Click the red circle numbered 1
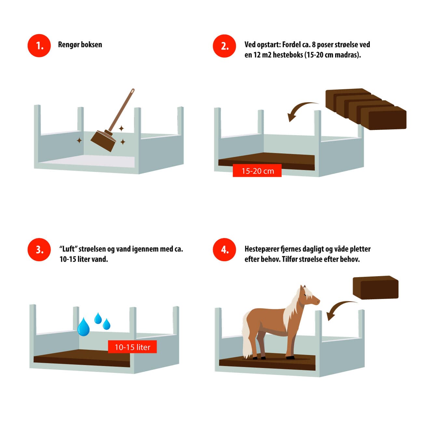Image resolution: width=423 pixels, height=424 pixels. pos(39,46)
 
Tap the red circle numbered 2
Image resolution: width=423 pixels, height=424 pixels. pos(224,46)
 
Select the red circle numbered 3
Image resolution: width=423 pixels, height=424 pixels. pos(39,249)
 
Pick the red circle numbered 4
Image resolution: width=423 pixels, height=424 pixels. pos(224,249)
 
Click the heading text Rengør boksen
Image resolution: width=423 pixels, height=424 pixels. pos(80,45)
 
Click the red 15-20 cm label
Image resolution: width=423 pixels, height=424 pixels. pos(257,171)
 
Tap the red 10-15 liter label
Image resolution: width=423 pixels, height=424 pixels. pos(132,347)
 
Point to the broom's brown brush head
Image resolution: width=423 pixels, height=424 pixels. pos(103,141)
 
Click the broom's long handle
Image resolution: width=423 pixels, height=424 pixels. pos(121,110)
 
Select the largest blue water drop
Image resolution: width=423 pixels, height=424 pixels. pos(84,327)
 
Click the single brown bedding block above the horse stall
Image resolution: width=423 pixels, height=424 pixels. pos(375,288)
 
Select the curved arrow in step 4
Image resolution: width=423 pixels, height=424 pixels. pos(339,306)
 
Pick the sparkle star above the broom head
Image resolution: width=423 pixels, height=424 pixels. pos(121,128)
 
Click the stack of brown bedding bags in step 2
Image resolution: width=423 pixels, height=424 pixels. pos(366,109)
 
